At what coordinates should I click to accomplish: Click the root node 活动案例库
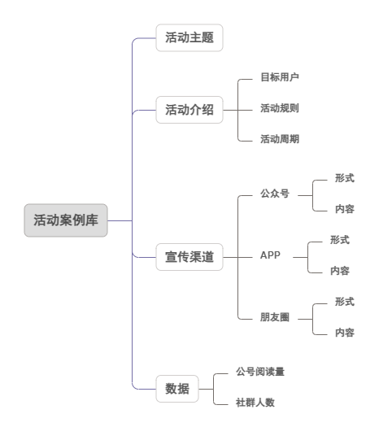click(66, 220)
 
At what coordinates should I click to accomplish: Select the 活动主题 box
click(189, 37)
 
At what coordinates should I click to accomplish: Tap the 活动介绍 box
click(189, 110)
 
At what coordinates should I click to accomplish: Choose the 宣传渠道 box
click(189, 257)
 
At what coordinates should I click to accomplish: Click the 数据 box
click(177, 389)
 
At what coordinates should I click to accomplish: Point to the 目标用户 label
click(280, 77)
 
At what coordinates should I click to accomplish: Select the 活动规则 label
click(280, 108)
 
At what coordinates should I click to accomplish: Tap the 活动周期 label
click(280, 139)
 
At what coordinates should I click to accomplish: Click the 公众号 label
click(275, 194)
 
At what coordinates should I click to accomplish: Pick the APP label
click(270, 255)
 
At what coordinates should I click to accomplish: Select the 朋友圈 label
click(275, 317)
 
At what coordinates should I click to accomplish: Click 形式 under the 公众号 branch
click(345, 178)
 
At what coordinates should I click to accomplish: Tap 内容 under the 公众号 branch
click(345, 209)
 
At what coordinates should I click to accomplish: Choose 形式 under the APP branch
click(340, 240)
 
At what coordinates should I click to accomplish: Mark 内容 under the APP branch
click(340, 271)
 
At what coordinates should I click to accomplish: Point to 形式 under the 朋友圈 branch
click(345, 302)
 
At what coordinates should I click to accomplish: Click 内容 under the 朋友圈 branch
click(345, 333)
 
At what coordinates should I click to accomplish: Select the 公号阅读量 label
click(260, 372)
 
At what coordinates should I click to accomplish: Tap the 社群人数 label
click(255, 403)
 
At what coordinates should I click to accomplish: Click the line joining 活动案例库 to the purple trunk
click(120, 221)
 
